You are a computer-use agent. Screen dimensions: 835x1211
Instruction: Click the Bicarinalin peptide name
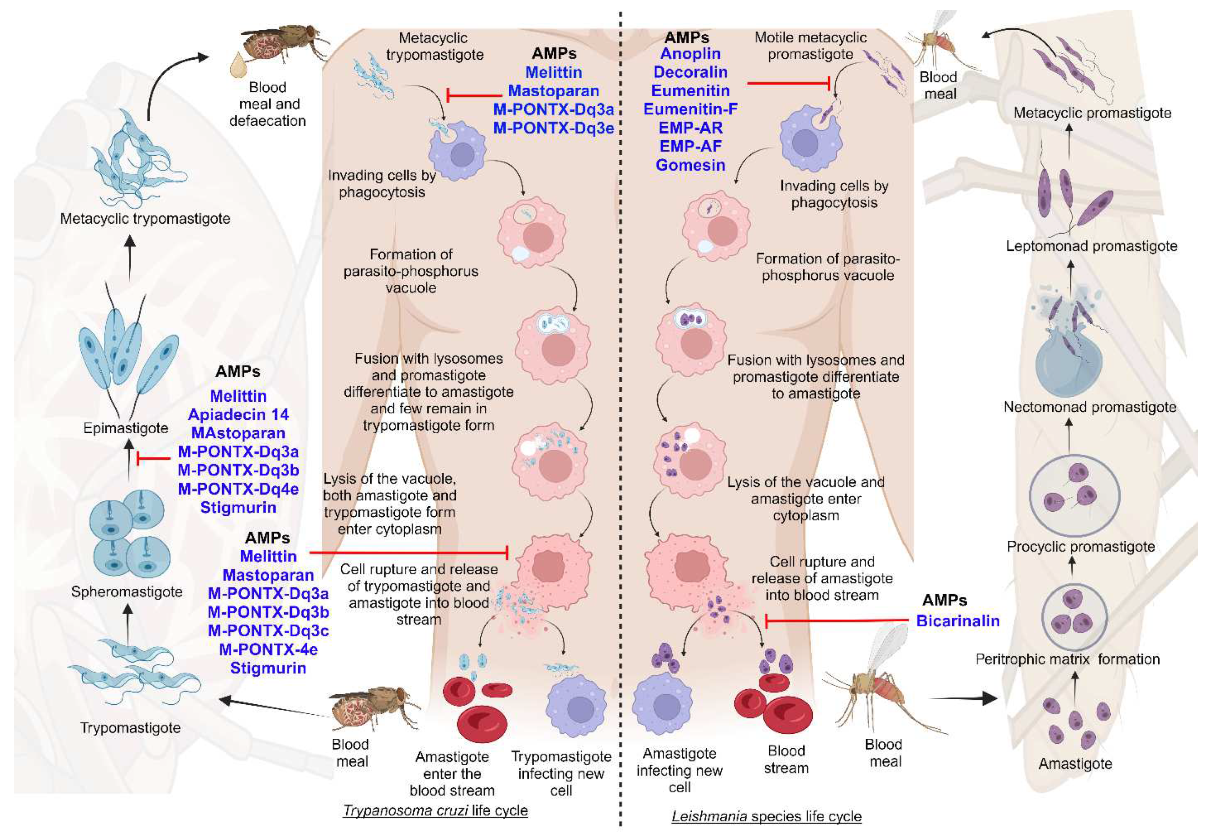pyautogui.click(x=958, y=621)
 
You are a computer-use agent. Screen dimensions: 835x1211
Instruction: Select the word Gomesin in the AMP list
pyautogui.click(x=690, y=165)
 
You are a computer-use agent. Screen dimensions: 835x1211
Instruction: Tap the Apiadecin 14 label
pyautogui.click(x=238, y=415)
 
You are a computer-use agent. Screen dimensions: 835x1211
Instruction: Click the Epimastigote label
pyautogui.click(x=126, y=428)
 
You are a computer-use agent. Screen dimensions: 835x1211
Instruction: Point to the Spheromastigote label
pyautogui.click(x=126, y=592)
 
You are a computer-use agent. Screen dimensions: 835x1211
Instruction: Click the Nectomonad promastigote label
pyautogui.click(x=1089, y=407)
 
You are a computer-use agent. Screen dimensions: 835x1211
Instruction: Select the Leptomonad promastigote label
pyautogui.click(x=1091, y=246)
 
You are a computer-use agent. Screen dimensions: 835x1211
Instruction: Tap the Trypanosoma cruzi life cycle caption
pyautogui.click(x=435, y=811)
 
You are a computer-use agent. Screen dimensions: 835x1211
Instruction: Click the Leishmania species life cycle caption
pyautogui.click(x=766, y=816)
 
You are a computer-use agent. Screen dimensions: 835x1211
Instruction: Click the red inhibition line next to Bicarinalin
pyautogui.click(x=837, y=621)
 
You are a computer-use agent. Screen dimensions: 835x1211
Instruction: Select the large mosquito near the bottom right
pyautogui.click(x=878, y=685)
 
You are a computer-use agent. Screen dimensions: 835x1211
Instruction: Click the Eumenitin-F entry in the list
pyautogui.click(x=690, y=109)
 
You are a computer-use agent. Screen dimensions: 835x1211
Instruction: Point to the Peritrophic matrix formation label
pyautogui.click(x=1067, y=659)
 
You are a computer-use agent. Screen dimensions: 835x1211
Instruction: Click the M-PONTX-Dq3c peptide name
pyautogui.click(x=268, y=631)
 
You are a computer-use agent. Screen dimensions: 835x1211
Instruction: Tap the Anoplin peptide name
pyautogui.click(x=690, y=54)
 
